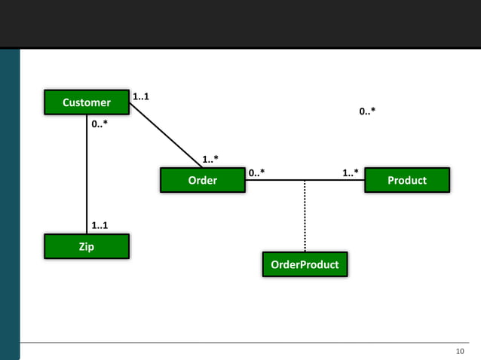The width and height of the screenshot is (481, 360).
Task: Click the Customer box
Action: click(87, 102)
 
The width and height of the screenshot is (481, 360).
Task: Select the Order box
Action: click(202, 181)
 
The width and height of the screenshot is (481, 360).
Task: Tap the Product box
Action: click(406, 181)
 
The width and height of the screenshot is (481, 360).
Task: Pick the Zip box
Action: click(87, 246)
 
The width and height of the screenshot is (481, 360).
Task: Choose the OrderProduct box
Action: click(305, 264)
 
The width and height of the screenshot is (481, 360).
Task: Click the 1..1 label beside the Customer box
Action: click(140, 96)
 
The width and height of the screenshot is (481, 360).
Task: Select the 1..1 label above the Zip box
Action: click(100, 225)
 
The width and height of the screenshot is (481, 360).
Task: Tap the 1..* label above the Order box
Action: click(210, 159)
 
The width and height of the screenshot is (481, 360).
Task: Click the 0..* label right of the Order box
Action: click(256, 173)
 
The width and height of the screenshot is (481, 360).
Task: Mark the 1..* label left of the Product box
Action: click(351, 173)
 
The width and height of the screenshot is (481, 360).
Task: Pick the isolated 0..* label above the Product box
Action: click(367, 111)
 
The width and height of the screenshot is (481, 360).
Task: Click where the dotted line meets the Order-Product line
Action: click(305, 181)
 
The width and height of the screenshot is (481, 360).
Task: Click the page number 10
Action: click(461, 351)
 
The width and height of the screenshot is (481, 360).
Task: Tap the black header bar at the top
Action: click(240, 23)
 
